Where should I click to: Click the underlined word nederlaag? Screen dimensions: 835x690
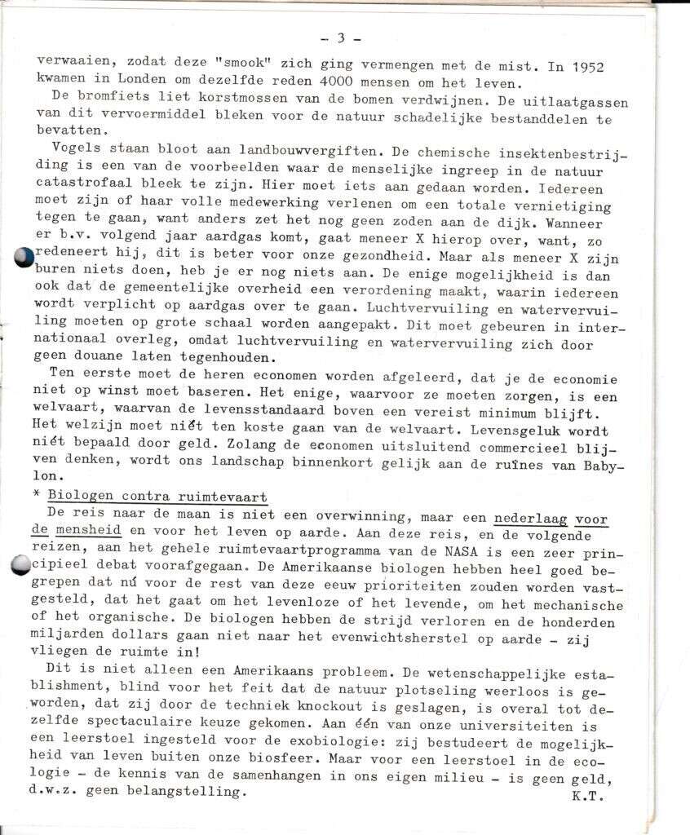tap(530, 517)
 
